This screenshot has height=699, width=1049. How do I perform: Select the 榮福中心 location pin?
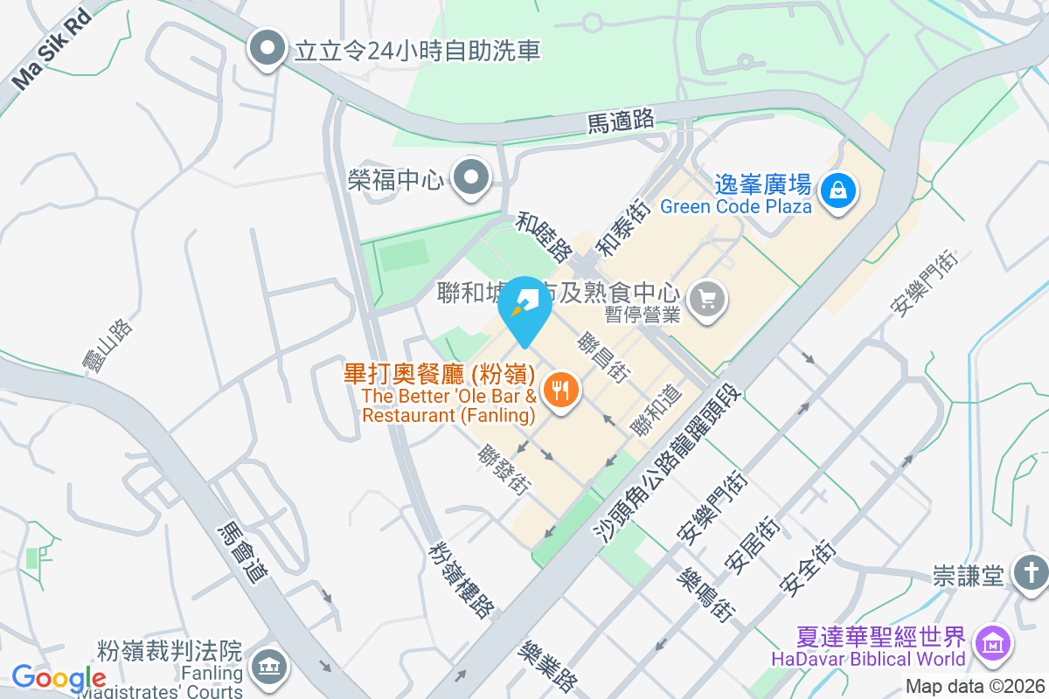pyautogui.click(x=473, y=178)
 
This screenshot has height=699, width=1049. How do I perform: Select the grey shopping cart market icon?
pyautogui.click(x=707, y=300)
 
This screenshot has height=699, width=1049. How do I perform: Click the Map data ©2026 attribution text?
pyautogui.click(x=975, y=686)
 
